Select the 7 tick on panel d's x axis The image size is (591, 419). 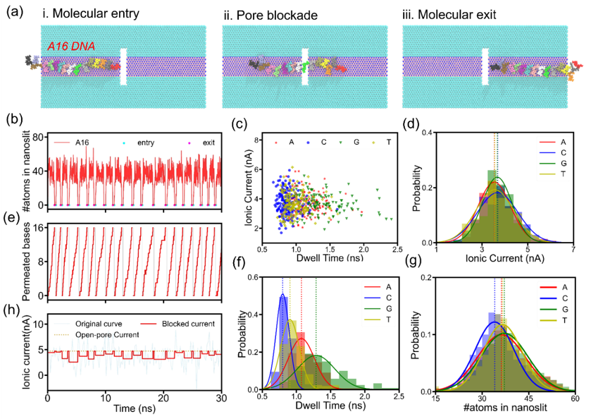[x=574, y=249]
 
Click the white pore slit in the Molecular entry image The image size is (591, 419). [x=123, y=67]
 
